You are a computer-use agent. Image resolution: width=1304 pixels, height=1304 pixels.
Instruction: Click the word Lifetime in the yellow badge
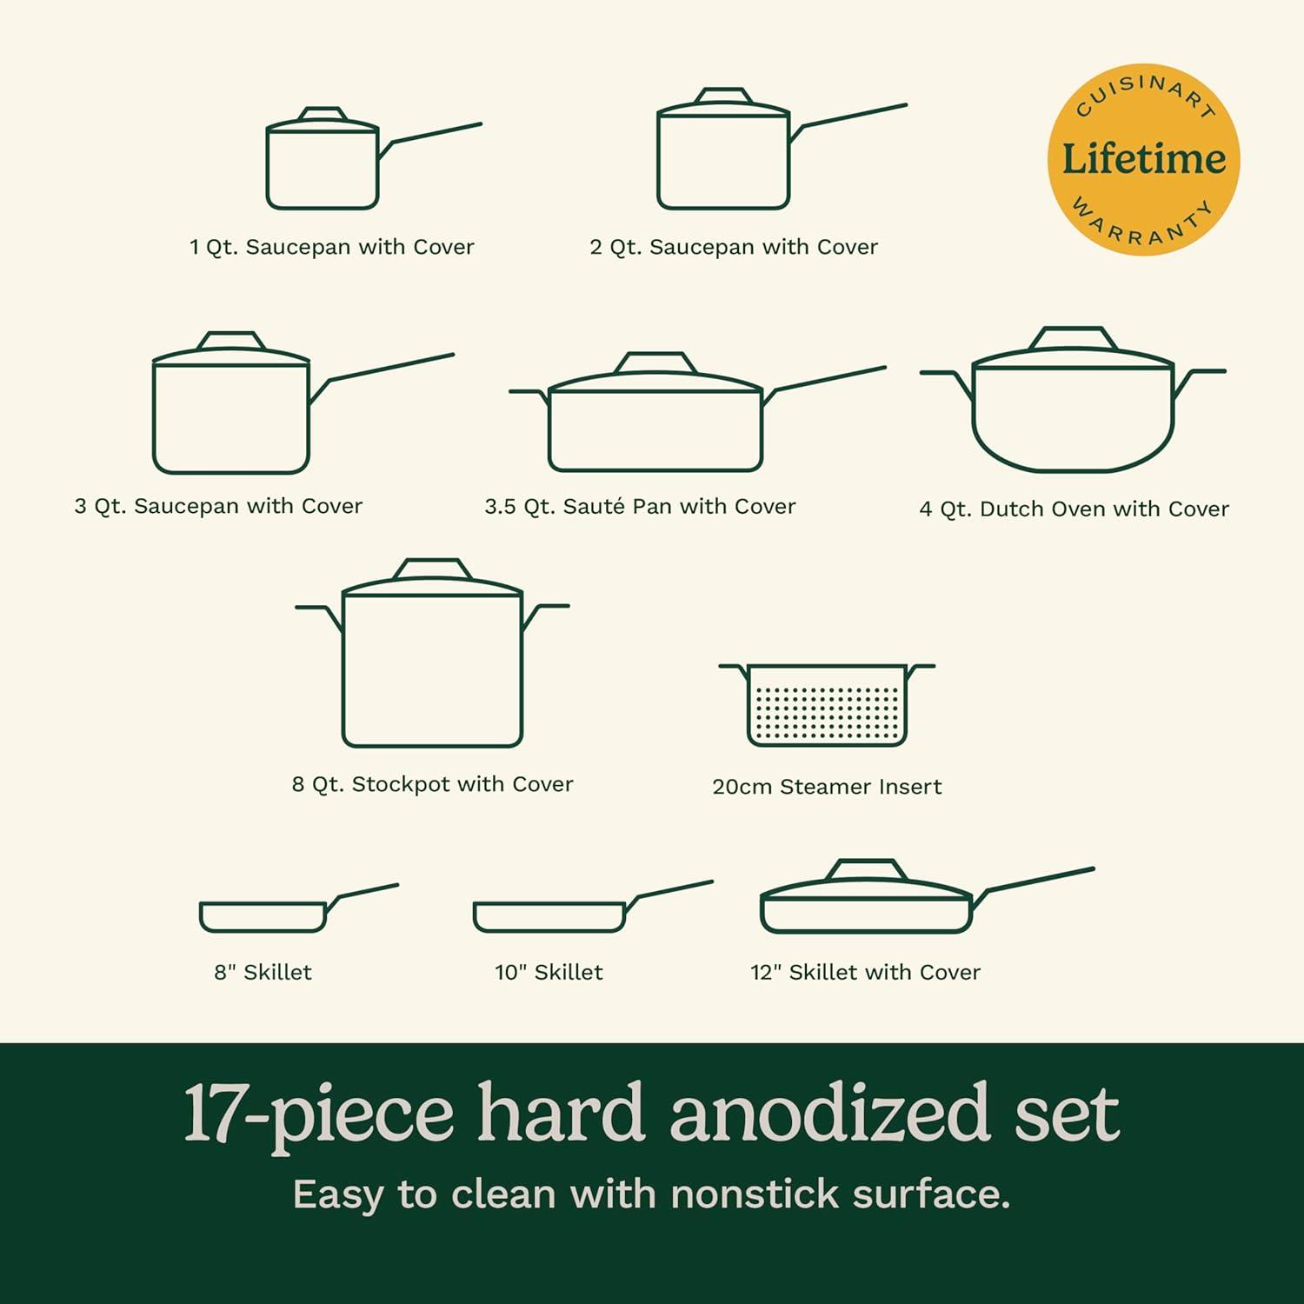[1143, 160]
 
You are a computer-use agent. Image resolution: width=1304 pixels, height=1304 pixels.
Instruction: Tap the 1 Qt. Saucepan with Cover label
[331, 247]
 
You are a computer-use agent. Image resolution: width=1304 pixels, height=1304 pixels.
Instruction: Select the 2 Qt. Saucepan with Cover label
[734, 247]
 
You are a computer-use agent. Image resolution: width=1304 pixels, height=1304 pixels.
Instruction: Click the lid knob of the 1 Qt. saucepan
[323, 116]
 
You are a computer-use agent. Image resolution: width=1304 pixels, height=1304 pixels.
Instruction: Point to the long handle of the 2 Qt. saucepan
[852, 117]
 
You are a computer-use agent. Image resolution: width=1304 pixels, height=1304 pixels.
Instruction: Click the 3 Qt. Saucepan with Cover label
[218, 506]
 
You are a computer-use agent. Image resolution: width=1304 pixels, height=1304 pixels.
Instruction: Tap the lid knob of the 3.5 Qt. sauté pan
[655, 363]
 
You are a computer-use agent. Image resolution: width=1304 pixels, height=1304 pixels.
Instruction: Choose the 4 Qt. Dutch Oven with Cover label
[1074, 509]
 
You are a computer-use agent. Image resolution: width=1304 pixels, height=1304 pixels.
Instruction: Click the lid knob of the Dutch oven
[1073, 337]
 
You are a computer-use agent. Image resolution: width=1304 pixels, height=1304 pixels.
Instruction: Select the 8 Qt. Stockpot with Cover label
[432, 784]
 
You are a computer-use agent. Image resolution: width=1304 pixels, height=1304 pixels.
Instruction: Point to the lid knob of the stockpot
[432, 569]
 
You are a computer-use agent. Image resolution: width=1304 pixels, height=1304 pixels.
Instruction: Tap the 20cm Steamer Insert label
[827, 787]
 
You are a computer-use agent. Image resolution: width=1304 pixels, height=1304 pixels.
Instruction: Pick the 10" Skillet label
[549, 972]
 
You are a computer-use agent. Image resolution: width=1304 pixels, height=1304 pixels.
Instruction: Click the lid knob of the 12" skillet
[866, 869]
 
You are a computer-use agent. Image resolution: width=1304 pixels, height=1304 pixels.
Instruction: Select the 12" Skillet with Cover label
[865, 972]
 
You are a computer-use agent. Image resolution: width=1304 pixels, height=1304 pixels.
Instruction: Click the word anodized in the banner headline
[829, 1114]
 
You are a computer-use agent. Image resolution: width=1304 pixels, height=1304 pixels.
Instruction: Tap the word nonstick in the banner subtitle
[753, 1194]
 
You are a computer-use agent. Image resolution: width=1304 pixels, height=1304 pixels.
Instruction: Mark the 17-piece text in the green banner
[318, 1114]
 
